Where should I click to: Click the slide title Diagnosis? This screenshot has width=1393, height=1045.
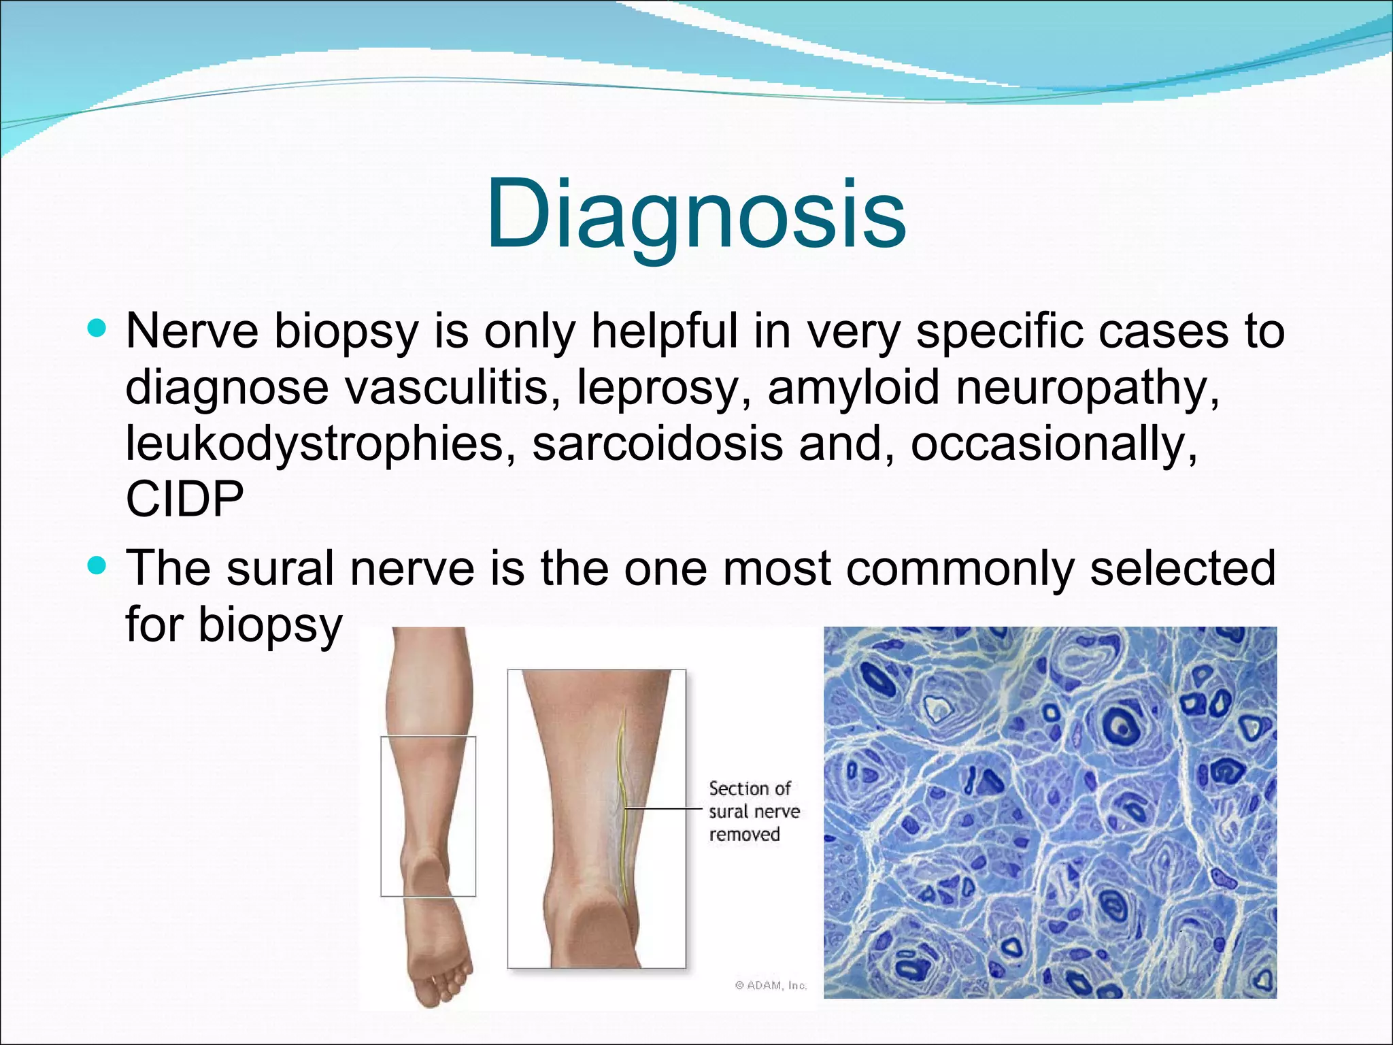point(696,214)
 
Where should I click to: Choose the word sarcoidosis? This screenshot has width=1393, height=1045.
point(657,443)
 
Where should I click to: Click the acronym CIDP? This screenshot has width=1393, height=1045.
point(184,499)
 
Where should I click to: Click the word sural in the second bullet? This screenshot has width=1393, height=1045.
point(280,568)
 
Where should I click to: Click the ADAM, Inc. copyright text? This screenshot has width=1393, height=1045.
point(771,985)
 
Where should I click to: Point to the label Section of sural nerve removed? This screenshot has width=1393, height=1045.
point(753,811)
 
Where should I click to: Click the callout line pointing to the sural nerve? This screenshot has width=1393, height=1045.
point(663,809)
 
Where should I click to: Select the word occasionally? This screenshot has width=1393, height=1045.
point(1054,443)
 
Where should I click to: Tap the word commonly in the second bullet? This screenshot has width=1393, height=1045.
point(960,568)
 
